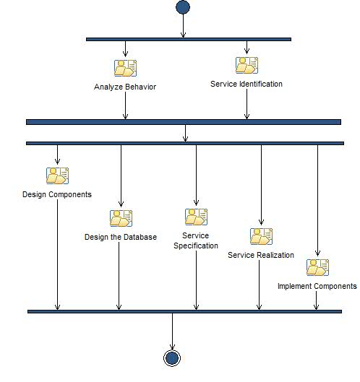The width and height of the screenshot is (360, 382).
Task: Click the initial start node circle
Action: point(183,8)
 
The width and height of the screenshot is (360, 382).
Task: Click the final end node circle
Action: point(172,358)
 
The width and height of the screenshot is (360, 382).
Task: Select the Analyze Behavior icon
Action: point(125,69)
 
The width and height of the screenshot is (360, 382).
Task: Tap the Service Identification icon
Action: point(247,66)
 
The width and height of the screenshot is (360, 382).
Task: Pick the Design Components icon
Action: point(57,175)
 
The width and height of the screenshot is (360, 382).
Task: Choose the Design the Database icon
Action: point(121,218)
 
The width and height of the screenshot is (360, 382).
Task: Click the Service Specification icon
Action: point(196,217)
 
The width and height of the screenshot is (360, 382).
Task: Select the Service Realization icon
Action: point(261,236)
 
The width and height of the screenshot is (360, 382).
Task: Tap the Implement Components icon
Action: point(317,267)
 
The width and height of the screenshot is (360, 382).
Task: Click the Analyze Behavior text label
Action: point(125,87)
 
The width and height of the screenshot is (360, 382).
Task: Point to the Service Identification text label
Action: point(247,84)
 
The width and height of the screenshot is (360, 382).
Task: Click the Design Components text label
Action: point(57,194)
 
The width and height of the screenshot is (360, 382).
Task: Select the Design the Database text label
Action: point(121,237)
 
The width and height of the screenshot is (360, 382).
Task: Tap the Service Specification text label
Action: point(196,240)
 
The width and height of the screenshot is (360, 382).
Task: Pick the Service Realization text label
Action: point(261,255)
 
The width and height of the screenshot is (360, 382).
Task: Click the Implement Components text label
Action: point(317,286)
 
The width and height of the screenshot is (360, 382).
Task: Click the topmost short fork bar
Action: point(188,39)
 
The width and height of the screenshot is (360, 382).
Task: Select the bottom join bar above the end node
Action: point(184,311)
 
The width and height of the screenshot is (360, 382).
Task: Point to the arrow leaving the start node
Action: point(183,26)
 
